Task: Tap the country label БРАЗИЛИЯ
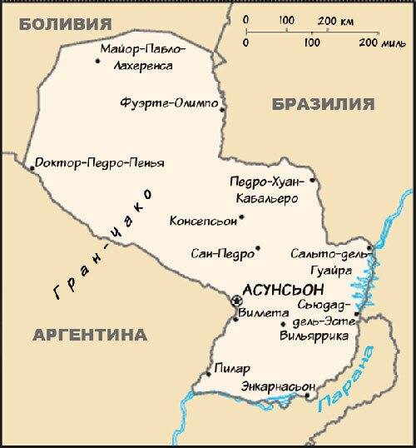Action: [322, 104]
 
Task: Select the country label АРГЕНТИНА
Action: [90, 335]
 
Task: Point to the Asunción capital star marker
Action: [236, 301]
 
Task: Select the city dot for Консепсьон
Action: [241, 218]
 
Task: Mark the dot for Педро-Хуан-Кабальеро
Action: [312, 180]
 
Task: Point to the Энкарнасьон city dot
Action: [309, 396]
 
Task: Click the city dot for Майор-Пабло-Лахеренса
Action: [97, 59]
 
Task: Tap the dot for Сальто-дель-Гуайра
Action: [371, 246]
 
